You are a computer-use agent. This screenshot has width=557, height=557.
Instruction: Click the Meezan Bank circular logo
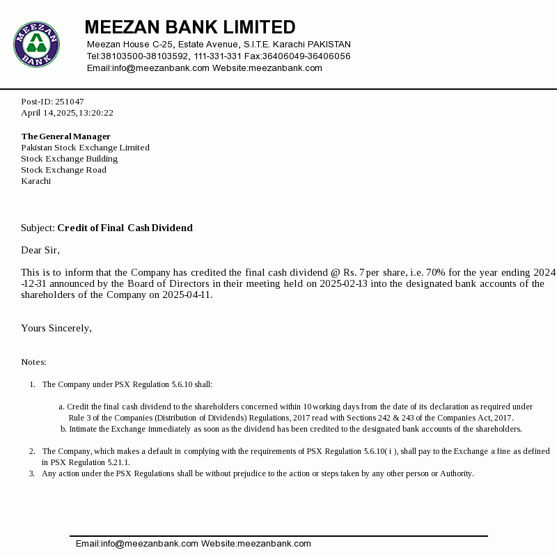36,44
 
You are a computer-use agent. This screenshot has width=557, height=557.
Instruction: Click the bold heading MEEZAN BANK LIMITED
189,27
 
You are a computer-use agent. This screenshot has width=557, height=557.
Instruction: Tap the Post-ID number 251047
70,102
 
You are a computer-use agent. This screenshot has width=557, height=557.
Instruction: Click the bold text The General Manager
65,136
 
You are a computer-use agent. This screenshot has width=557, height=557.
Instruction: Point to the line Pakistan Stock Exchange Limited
85,148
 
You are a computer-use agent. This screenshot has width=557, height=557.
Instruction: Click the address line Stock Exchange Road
63,170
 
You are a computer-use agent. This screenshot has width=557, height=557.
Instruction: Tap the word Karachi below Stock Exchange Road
36,181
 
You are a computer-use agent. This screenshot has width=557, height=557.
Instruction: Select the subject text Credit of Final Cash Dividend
125,228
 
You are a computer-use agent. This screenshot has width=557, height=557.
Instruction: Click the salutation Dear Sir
40,250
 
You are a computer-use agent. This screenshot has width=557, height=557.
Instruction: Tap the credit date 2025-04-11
187,295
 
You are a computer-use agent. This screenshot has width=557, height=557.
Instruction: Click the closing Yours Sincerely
56,328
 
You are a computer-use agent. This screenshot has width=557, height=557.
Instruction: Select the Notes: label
33,362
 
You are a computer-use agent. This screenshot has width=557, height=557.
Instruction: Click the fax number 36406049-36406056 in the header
306,56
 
